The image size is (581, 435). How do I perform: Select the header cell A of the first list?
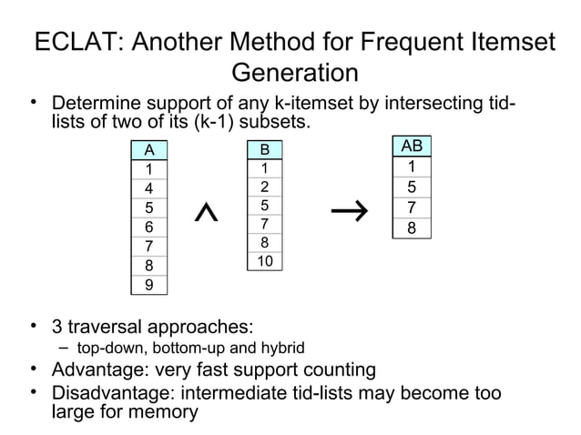[148, 149]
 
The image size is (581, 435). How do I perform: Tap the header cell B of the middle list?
[264, 149]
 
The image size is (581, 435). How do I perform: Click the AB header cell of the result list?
[412, 146]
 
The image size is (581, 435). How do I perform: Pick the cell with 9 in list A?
[148, 285]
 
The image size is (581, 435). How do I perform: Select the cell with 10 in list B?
[264, 262]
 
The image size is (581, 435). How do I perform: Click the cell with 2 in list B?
[264, 187]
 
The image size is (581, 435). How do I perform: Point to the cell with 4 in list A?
[148, 188]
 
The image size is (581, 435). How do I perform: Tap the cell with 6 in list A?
[148, 228]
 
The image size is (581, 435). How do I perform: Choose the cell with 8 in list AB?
[412, 228]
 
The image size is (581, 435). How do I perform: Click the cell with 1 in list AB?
[412, 167]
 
